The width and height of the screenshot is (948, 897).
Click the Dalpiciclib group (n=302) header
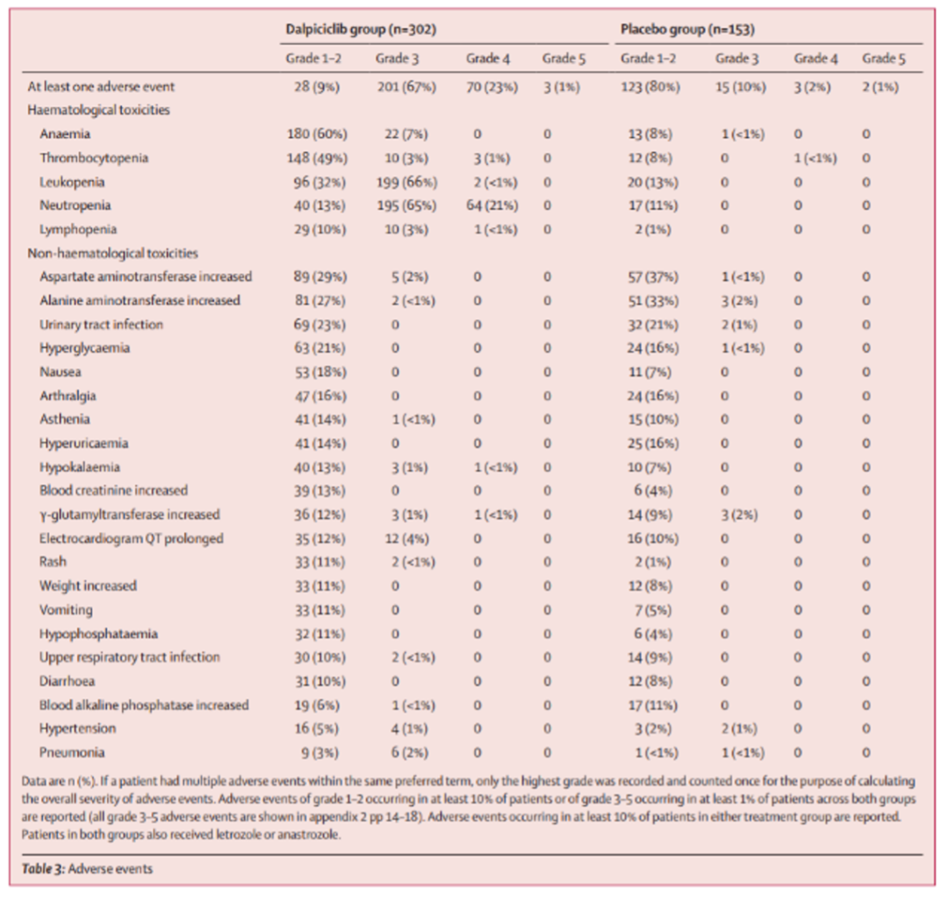361,29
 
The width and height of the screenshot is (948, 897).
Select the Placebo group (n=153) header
687,29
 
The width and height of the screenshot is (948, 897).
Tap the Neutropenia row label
75,205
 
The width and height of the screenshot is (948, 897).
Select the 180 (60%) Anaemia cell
318,134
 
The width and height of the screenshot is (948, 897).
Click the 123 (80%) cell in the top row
650,87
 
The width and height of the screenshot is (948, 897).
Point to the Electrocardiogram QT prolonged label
131,538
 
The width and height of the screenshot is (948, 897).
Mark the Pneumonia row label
72,751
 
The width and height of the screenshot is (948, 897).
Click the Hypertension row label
77,728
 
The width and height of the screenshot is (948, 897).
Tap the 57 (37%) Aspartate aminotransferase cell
647,276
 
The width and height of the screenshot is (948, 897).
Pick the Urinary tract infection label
101,324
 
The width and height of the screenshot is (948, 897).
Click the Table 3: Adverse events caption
87,869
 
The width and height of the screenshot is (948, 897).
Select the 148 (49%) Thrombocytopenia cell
318,158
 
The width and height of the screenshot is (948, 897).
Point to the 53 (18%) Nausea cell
316,372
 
